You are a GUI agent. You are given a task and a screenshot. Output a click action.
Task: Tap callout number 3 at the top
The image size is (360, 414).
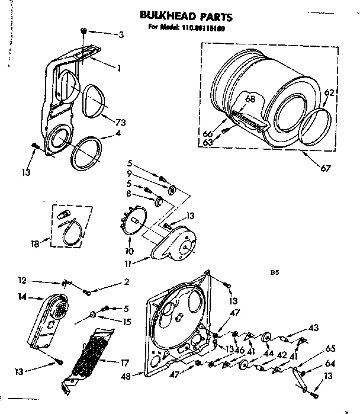click(121, 35)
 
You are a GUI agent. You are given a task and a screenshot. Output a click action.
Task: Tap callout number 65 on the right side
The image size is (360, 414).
click(331, 349)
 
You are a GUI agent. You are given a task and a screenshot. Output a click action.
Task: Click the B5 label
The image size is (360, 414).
click(274, 274)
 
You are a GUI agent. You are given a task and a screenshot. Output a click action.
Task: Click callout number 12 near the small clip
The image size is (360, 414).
click(22, 281)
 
